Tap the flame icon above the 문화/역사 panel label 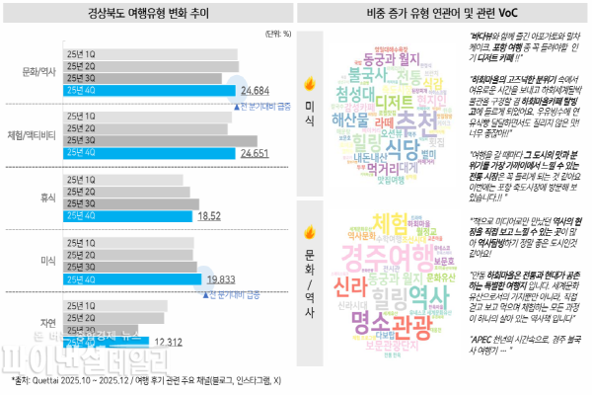click(x=308, y=233)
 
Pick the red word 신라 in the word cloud click(x=348, y=285)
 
